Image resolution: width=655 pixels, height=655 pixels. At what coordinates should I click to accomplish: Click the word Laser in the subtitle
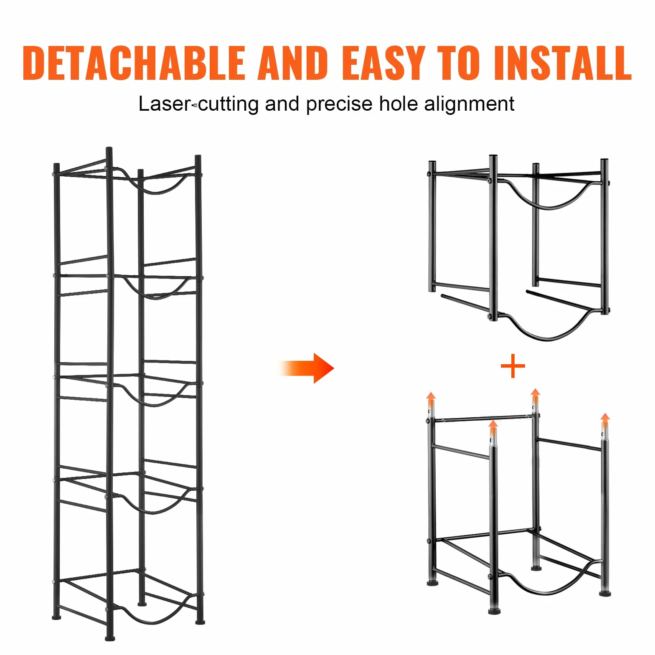click(x=165, y=104)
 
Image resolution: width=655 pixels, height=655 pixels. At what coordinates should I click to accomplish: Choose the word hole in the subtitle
click(x=398, y=104)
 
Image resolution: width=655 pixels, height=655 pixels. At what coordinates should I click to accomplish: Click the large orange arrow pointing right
click(x=307, y=368)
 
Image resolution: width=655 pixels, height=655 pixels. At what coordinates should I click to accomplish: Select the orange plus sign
click(x=513, y=366)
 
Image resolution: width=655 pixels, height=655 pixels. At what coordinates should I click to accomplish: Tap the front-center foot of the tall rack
click(x=110, y=638)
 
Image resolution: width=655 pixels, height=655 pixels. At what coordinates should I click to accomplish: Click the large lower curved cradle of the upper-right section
click(x=547, y=337)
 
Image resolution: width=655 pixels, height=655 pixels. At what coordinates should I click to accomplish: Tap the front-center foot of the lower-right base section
click(x=495, y=611)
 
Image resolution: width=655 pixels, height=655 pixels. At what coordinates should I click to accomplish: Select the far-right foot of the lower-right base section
click(x=605, y=593)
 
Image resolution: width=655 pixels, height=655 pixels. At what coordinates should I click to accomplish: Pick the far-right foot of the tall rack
click(x=200, y=622)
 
